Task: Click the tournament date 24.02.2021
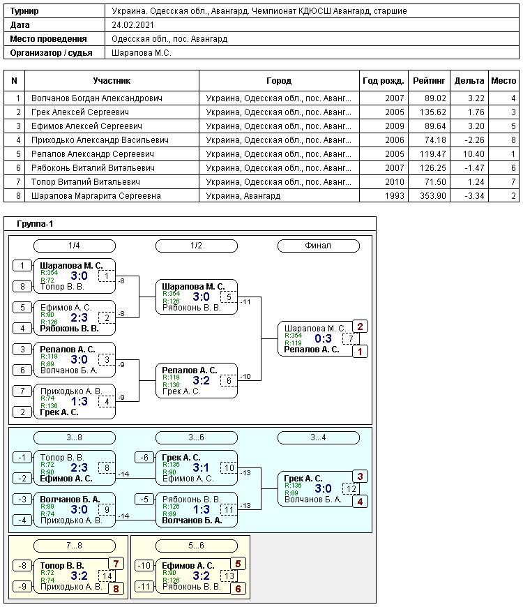(132, 25)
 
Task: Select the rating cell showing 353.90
(433, 196)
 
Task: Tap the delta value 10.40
(473, 154)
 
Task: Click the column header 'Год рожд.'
(383, 81)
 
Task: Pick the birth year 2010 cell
(394, 182)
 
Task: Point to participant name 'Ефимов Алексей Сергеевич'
(86, 126)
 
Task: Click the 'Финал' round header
(319, 246)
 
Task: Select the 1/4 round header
(75, 246)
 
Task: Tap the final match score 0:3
(323, 338)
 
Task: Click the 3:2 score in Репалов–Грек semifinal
(201, 380)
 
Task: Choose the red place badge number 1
(360, 352)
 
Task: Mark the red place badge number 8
(116, 589)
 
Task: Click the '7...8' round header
(75, 546)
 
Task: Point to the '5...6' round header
(196, 546)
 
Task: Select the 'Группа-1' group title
(35, 224)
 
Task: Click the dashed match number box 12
(351, 488)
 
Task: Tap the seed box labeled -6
(144, 458)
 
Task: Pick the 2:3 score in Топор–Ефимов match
(79, 467)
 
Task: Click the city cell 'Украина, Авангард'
(243, 196)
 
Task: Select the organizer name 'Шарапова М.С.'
(142, 53)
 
